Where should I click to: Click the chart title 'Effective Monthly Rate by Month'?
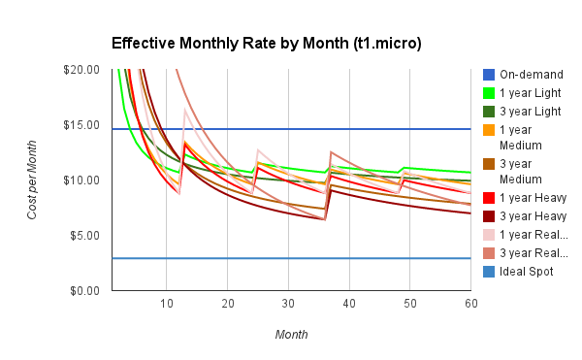tap(266, 44)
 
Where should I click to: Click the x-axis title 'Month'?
tap(291, 334)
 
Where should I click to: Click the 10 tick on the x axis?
tap(166, 305)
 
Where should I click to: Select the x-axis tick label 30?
tap(288, 305)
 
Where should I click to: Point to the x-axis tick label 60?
tap(470, 305)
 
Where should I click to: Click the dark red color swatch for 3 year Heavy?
tap(490, 216)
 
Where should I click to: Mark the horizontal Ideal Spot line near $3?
tap(291, 258)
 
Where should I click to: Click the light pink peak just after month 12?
tap(185, 110)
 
